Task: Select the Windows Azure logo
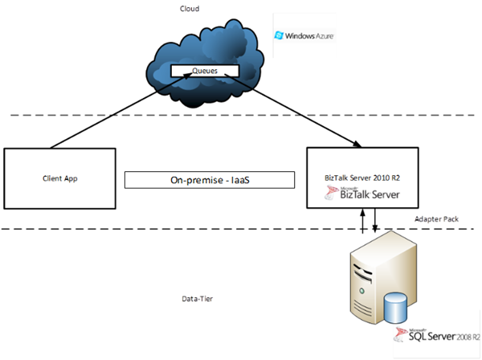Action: (305, 36)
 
